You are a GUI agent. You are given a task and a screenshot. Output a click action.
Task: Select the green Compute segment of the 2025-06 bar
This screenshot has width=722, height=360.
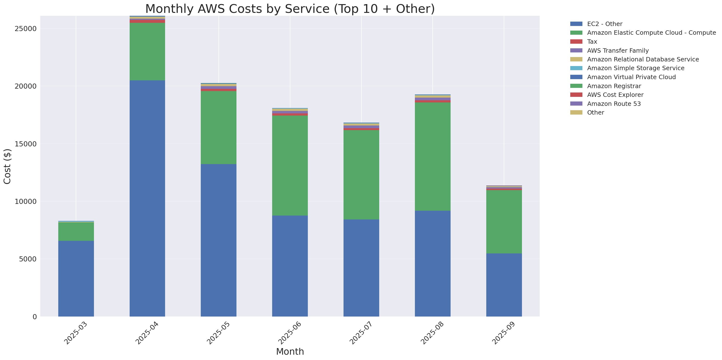(x=290, y=165)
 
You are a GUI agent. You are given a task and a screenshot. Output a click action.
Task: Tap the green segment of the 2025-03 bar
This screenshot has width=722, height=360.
(x=76, y=231)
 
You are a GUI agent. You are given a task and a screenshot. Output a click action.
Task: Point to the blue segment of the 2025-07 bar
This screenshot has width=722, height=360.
(x=361, y=268)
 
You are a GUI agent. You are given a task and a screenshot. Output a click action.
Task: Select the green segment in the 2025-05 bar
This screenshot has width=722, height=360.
(x=218, y=127)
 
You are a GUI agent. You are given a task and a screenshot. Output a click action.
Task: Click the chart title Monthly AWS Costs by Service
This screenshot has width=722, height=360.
(x=290, y=9)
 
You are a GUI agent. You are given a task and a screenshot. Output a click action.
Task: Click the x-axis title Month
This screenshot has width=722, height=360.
(x=290, y=351)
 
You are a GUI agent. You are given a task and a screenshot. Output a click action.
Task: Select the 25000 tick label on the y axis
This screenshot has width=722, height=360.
(x=25, y=29)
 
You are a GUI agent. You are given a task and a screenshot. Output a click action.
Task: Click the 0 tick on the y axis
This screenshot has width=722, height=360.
(x=34, y=317)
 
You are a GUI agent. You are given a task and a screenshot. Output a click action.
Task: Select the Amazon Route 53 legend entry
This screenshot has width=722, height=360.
(x=614, y=104)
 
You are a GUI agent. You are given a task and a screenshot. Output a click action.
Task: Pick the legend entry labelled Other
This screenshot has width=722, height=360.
(x=595, y=112)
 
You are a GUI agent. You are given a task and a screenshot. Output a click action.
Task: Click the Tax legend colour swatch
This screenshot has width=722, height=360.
(x=576, y=42)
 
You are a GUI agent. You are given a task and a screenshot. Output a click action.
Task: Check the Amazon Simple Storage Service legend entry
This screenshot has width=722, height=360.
(x=635, y=68)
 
